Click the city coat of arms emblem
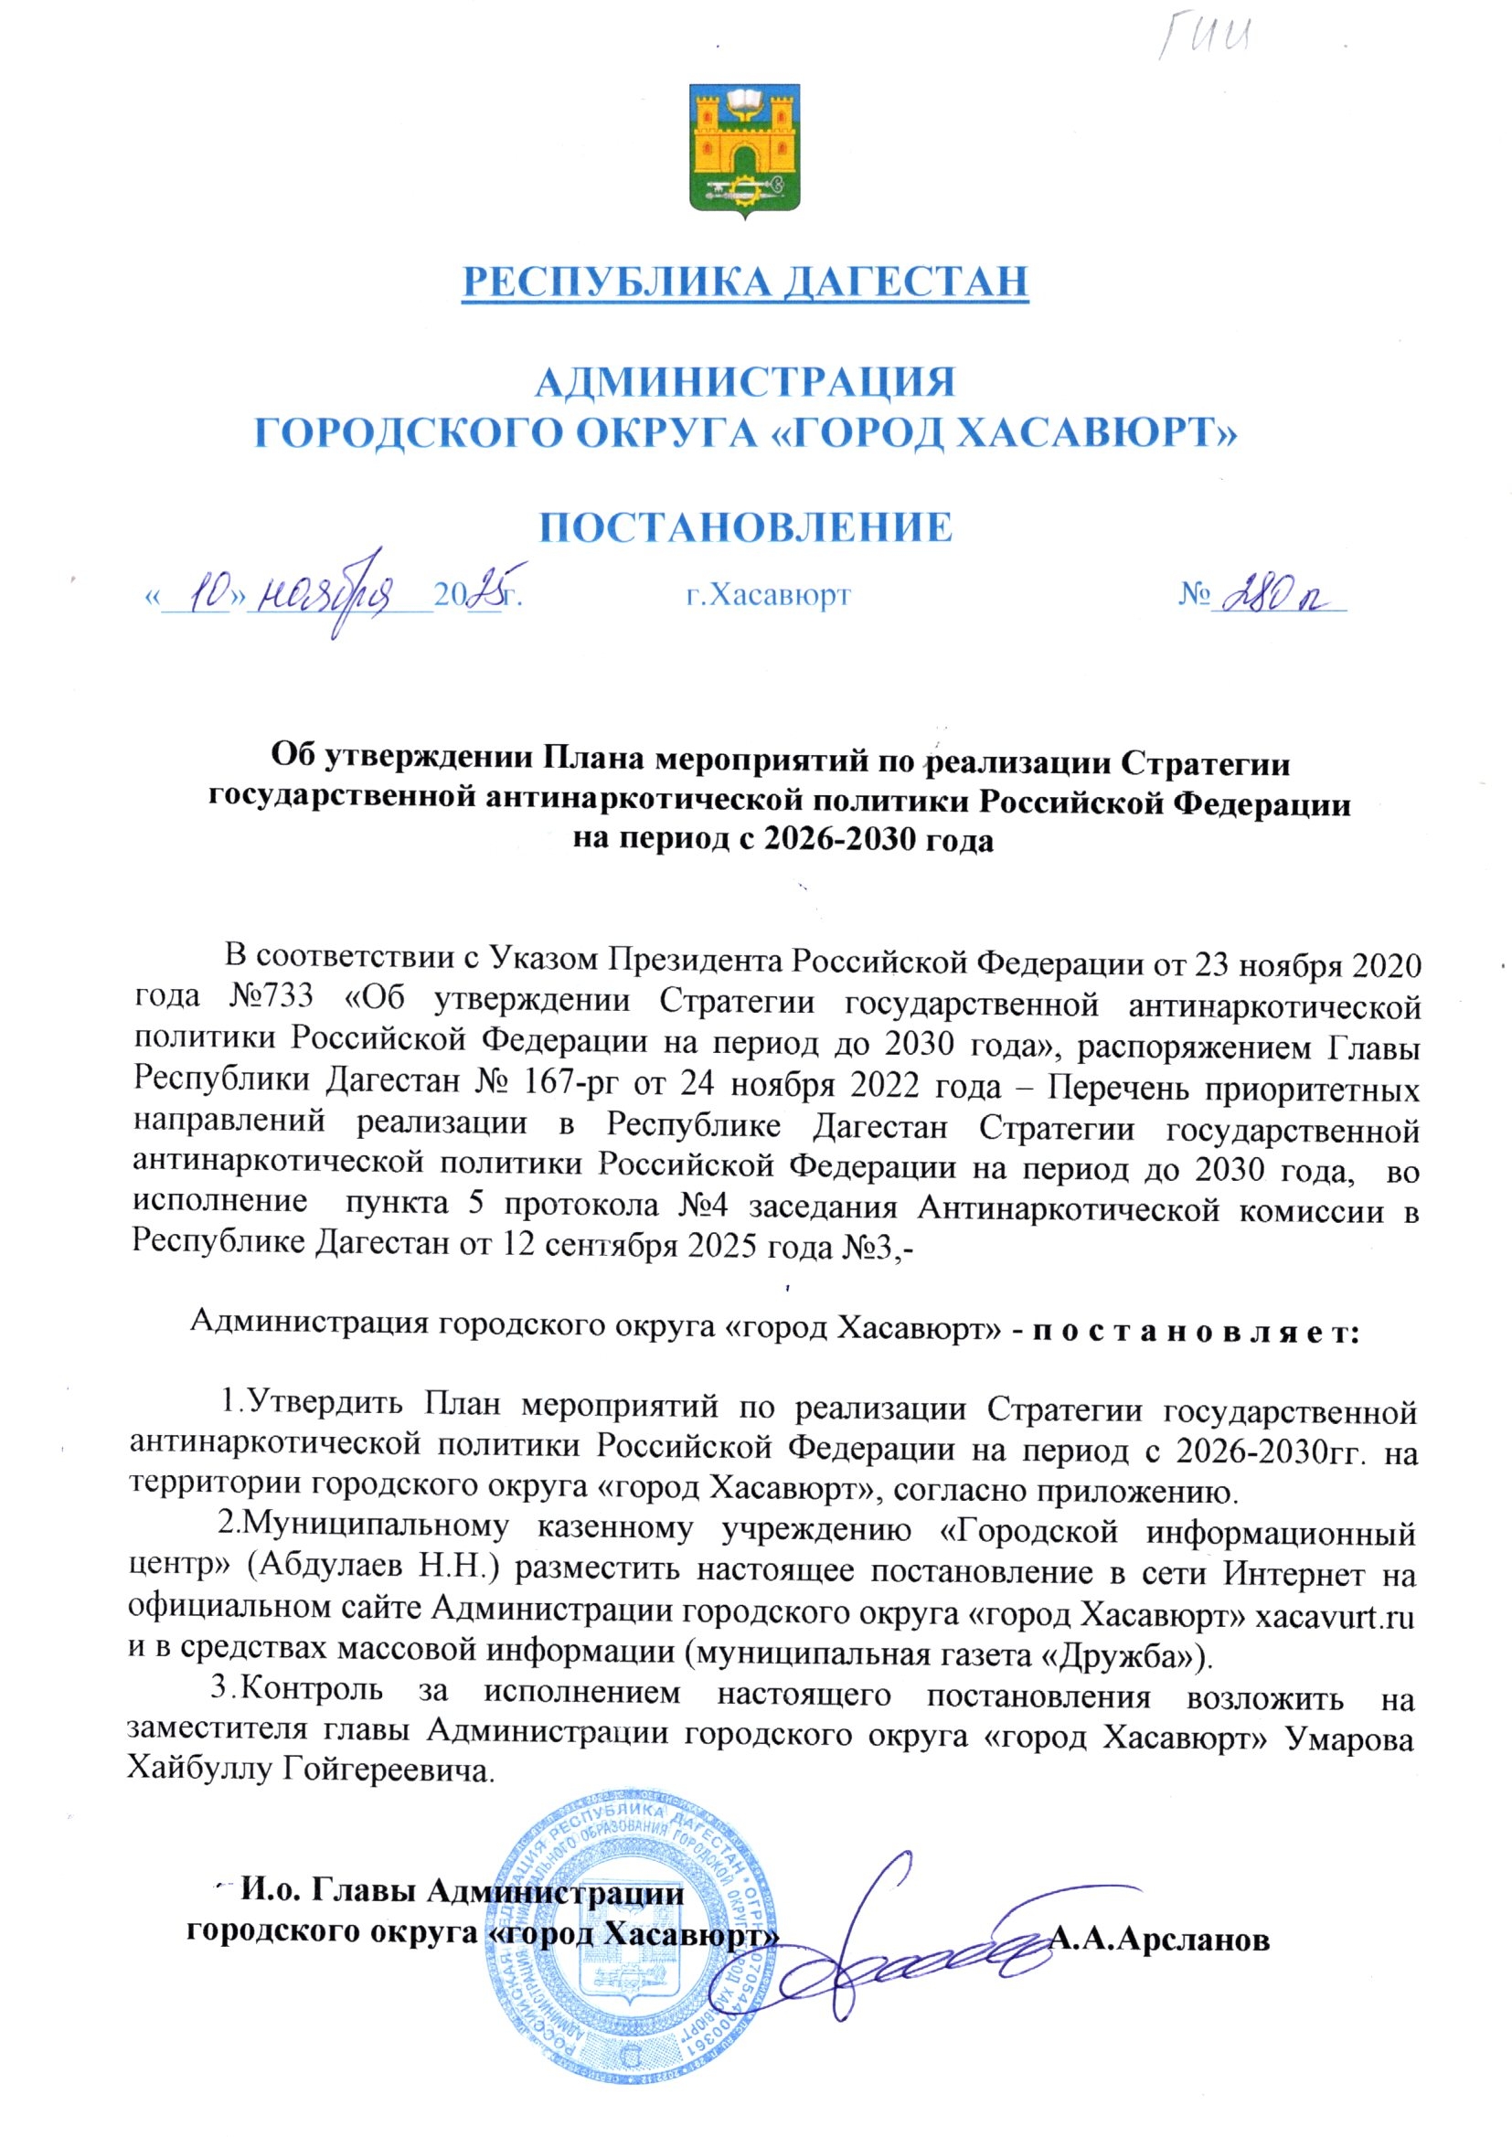pos(745,150)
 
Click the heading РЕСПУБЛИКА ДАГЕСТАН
pos(745,282)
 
